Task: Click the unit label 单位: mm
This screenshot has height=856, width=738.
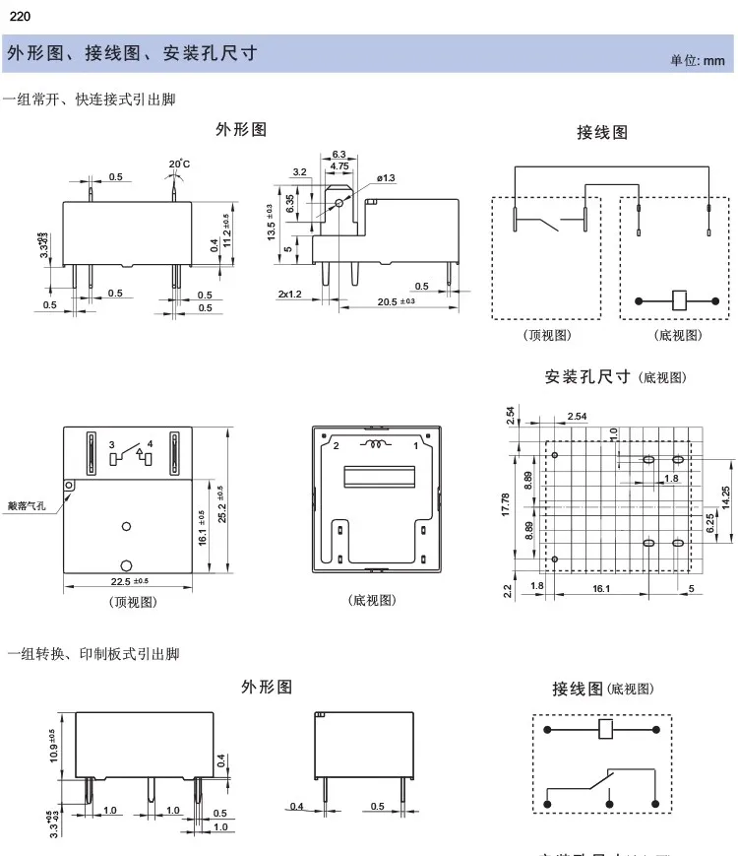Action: pyautogui.click(x=697, y=60)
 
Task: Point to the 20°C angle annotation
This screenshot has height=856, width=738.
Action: pyautogui.click(x=179, y=164)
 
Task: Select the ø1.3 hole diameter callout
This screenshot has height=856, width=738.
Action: pyautogui.click(x=385, y=177)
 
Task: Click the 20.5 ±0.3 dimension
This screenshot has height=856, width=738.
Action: pyautogui.click(x=397, y=301)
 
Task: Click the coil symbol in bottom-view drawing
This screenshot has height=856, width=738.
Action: pyautogui.click(x=376, y=445)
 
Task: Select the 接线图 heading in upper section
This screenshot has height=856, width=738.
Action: pyautogui.click(x=602, y=132)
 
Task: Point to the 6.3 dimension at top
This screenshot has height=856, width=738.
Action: pyautogui.click(x=338, y=155)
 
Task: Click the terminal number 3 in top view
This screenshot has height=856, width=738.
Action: pyautogui.click(x=112, y=445)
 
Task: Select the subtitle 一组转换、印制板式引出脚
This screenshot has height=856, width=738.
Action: pyautogui.click(x=93, y=653)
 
